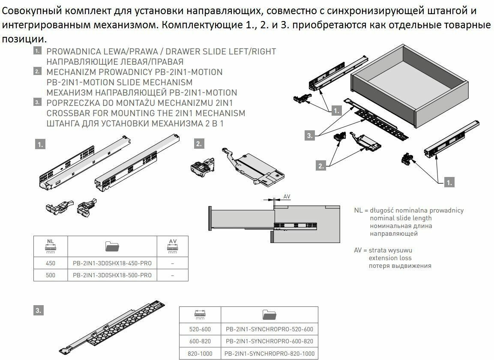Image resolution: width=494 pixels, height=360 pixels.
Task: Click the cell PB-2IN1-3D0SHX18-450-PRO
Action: tap(112, 263)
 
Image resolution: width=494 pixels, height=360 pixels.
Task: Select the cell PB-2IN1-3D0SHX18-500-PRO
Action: tap(112, 275)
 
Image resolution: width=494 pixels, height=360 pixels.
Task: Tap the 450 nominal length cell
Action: tap(51, 263)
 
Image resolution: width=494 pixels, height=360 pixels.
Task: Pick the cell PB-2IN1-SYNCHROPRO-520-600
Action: tap(269, 329)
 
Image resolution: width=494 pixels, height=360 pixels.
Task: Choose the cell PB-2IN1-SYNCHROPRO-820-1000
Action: tap(269, 354)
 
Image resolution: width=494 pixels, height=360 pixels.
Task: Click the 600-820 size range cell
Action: tap(199, 341)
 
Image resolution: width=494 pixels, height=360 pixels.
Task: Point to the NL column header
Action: tap(51, 246)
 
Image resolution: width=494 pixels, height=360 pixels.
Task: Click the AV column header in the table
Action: tap(172, 246)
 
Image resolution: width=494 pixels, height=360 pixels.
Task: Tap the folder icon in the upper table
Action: tap(112, 246)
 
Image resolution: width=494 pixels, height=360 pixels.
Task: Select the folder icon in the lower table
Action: tap(269, 315)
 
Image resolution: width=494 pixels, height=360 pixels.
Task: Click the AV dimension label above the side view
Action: tap(287, 197)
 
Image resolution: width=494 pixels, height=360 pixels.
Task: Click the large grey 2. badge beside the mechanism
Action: tap(198, 144)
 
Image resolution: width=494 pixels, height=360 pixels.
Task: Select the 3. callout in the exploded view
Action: tap(310, 136)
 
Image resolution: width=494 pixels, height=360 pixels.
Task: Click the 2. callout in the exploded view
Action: tap(320, 166)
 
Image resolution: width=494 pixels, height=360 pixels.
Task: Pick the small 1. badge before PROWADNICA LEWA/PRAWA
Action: tap(38, 51)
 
